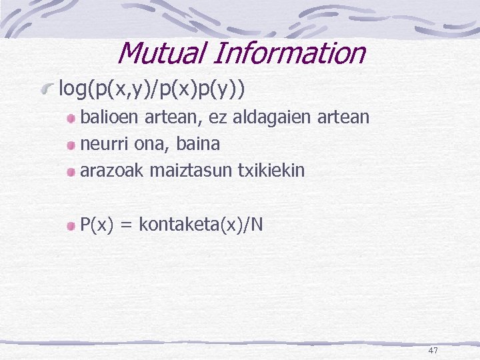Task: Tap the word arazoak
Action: (x=111, y=170)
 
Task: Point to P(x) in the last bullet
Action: (x=97, y=225)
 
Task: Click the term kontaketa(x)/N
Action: (x=201, y=225)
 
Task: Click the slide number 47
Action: (x=433, y=351)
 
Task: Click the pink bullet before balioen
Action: (x=71, y=118)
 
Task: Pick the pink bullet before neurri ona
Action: (x=71, y=145)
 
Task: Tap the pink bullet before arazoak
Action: (x=71, y=171)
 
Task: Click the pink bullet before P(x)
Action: (x=71, y=226)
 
